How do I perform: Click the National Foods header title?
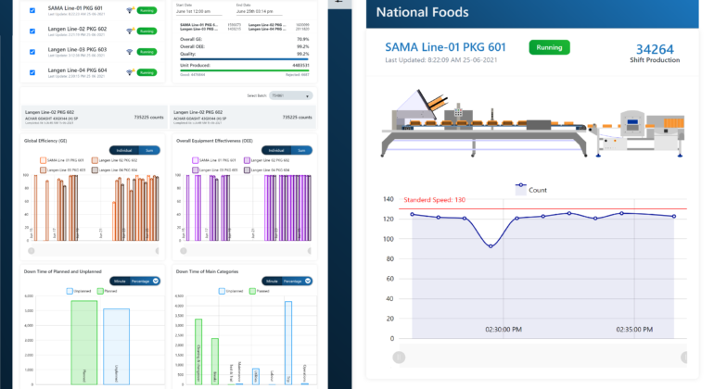click(x=422, y=13)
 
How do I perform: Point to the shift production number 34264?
click(x=656, y=49)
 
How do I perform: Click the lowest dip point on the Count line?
click(x=491, y=245)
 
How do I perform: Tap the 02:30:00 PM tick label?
click(x=504, y=329)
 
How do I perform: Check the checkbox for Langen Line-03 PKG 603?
click(x=33, y=51)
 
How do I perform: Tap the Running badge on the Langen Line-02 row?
click(x=147, y=31)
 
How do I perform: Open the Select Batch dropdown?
click(x=290, y=95)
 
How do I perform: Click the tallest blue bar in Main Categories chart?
click(x=287, y=342)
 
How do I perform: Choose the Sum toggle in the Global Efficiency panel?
click(x=148, y=150)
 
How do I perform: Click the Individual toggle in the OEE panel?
click(x=274, y=150)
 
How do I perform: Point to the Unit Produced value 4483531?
click(x=295, y=65)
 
